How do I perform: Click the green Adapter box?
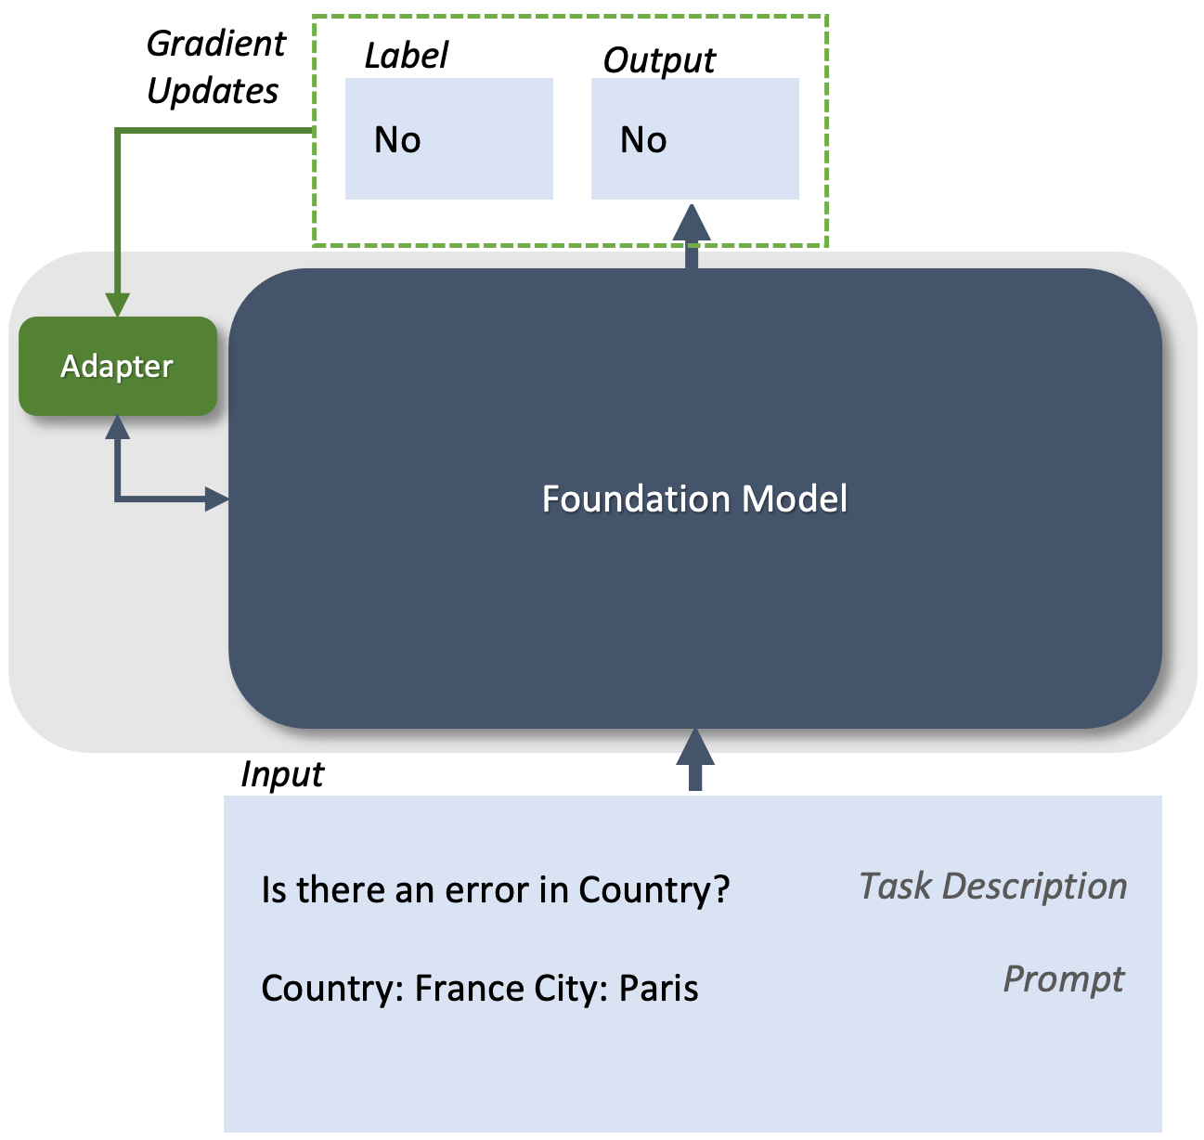(x=118, y=366)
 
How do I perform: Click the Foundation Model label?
(x=694, y=499)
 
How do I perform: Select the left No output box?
(x=449, y=139)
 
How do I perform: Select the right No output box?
(x=695, y=139)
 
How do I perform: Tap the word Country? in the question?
(x=654, y=889)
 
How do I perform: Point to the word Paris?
(x=658, y=988)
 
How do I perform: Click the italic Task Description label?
(x=992, y=886)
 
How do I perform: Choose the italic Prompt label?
(x=1063, y=978)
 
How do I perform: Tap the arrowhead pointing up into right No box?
(x=692, y=223)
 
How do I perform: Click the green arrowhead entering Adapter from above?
(x=118, y=304)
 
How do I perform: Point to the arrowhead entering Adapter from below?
(x=118, y=427)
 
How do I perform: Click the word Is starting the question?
(x=273, y=889)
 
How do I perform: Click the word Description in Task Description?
(x=1034, y=886)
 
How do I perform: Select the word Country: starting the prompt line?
(x=332, y=988)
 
